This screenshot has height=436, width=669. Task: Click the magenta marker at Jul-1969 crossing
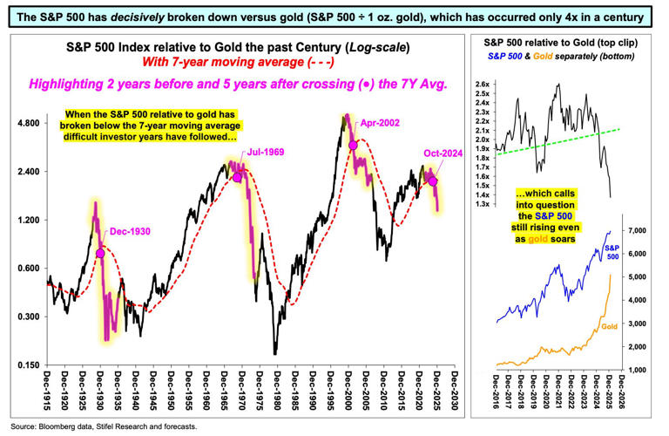(x=237, y=177)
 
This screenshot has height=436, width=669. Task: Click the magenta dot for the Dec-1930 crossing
(x=100, y=253)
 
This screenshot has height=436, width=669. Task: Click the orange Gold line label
(x=610, y=325)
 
